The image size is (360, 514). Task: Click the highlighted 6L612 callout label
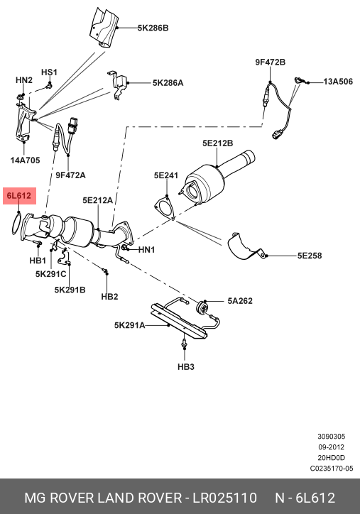click(19, 196)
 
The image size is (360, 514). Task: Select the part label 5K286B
click(153, 28)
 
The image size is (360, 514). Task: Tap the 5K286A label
click(168, 83)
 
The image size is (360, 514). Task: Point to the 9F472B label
click(270, 62)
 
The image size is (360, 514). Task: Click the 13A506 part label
click(338, 82)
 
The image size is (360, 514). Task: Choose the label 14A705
click(25, 160)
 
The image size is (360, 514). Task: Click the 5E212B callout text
click(217, 143)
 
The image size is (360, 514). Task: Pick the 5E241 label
click(166, 175)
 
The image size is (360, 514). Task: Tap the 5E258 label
click(310, 256)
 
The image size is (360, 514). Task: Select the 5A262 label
click(240, 301)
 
